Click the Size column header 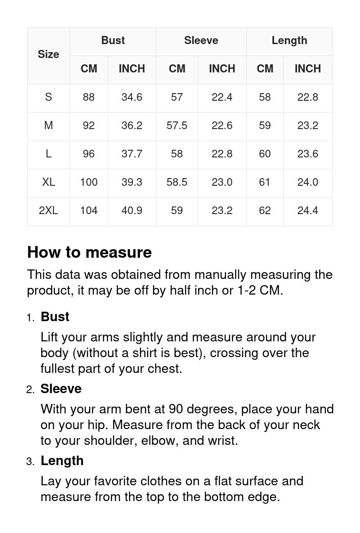click(48, 54)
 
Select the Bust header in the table click(113, 40)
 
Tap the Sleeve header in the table click(201, 40)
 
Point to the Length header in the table click(289, 40)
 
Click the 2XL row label click(48, 211)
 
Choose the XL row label click(48, 182)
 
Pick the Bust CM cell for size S click(89, 97)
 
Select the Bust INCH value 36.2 click(132, 125)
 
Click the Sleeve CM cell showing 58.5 click(177, 182)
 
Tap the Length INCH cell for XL click(308, 182)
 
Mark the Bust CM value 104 click(89, 211)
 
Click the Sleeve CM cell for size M click(177, 125)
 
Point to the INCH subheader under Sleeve click(222, 69)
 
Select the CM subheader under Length click(265, 69)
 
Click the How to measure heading click(90, 252)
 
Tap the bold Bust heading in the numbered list click(55, 317)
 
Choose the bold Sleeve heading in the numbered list click(61, 389)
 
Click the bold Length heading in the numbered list click(62, 461)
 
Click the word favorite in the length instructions click(115, 481)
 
